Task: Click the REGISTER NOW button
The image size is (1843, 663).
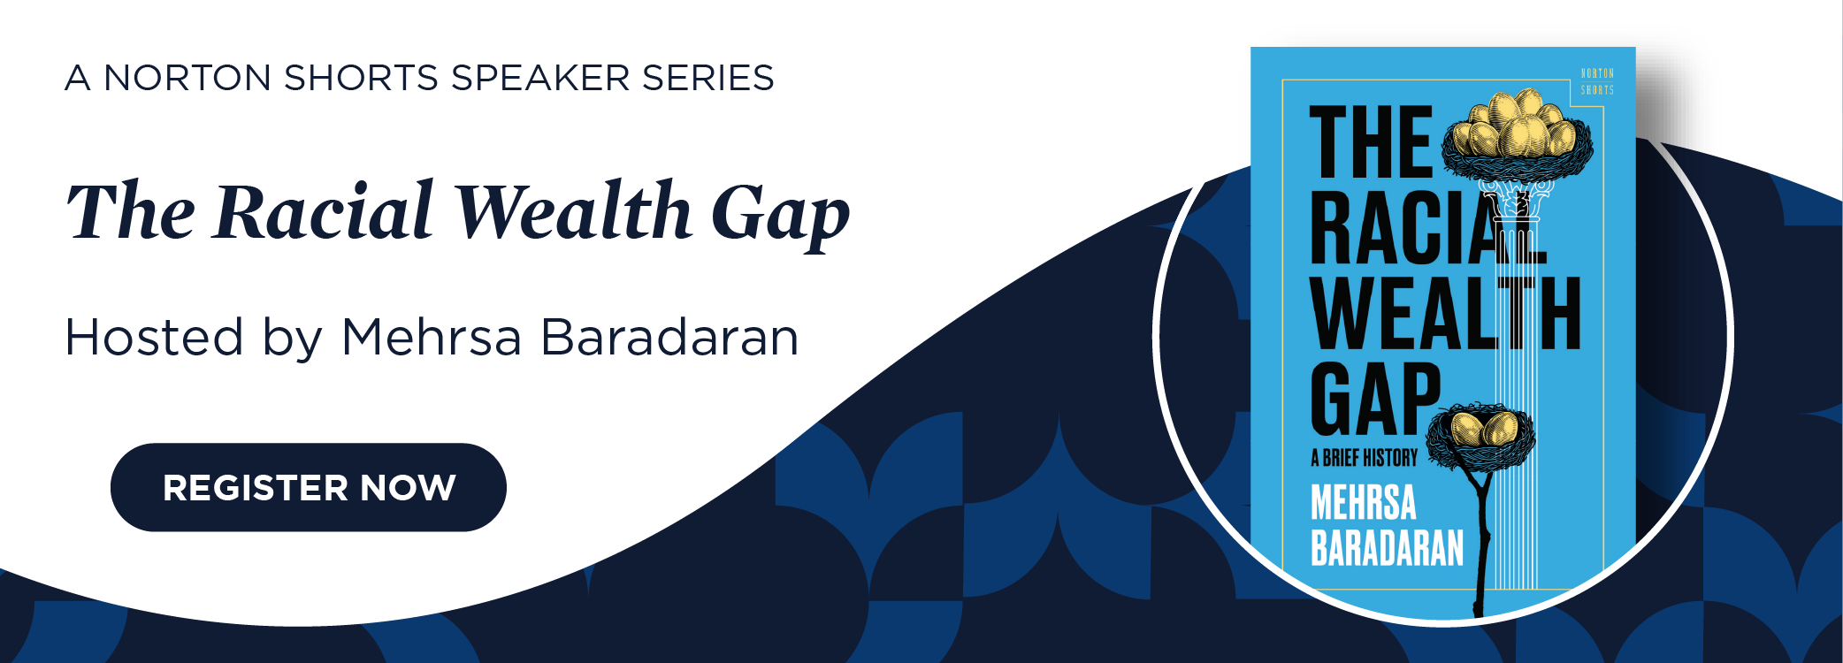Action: [x=308, y=487]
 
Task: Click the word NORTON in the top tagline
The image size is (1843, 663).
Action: [x=187, y=78]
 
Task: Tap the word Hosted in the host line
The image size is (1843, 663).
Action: [x=154, y=337]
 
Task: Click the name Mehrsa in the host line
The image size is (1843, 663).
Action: [x=431, y=337]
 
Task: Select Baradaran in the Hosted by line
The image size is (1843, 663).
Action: [x=669, y=337]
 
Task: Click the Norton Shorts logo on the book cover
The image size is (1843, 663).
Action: [x=1597, y=81]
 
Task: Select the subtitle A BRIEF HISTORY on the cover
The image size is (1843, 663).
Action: [x=1364, y=458]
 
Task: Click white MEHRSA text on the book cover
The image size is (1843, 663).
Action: [x=1363, y=502]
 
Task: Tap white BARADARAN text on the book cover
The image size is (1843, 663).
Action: [x=1387, y=547]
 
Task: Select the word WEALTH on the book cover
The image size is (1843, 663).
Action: [x=1445, y=314]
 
